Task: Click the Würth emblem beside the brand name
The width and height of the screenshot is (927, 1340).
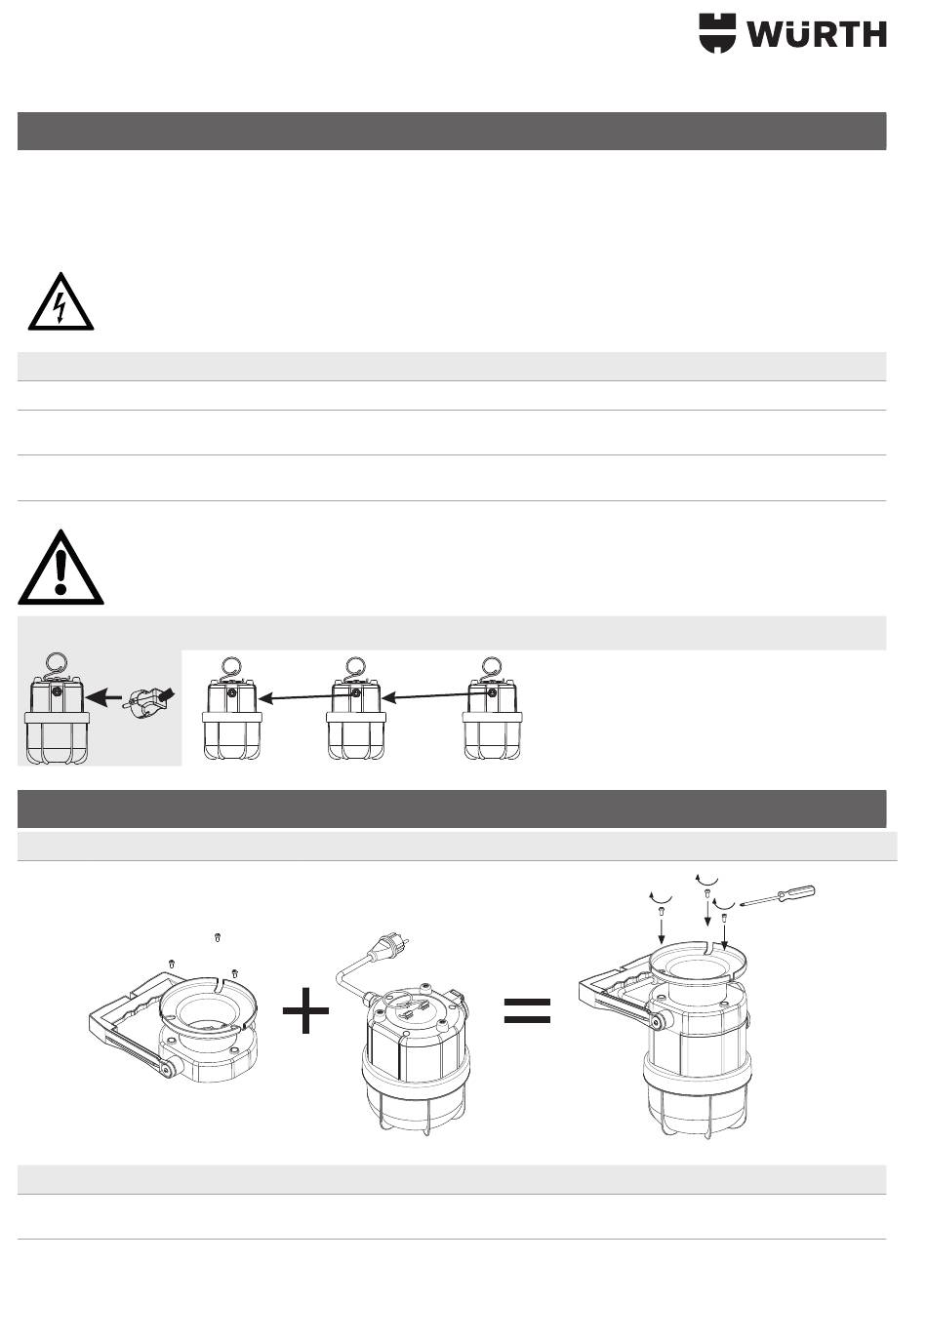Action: pyautogui.click(x=717, y=33)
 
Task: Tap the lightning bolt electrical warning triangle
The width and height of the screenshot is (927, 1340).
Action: pyautogui.click(x=60, y=301)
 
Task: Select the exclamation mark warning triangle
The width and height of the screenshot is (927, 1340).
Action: pyautogui.click(x=60, y=567)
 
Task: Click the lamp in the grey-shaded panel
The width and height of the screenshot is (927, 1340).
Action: pyautogui.click(x=57, y=709)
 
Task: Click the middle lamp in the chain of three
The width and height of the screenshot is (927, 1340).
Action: pyautogui.click(x=355, y=709)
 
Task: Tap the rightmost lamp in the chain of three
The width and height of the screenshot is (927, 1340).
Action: pyautogui.click(x=492, y=709)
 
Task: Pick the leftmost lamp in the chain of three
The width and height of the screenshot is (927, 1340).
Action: pyautogui.click(x=231, y=709)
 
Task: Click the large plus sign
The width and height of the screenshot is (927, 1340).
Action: pyautogui.click(x=305, y=1010)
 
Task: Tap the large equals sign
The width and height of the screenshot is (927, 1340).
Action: pyautogui.click(x=527, y=1011)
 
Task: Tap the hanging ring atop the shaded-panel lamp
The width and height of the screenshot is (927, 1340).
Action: pyautogui.click(x=57, y=663)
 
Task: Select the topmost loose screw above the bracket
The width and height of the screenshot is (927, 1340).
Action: pyautogui.click(x=218, y=937)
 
